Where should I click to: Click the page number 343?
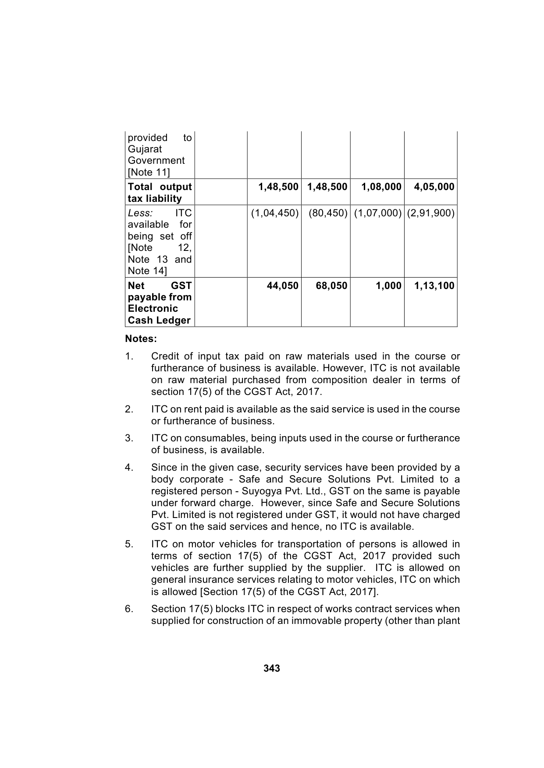click(272, 669)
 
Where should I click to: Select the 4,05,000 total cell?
click(434, 187)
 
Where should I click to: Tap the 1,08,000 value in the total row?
click(381, 187)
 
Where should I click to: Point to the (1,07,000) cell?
click(378, 213)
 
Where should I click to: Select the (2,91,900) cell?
click(431, 213)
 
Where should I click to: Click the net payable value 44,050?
click(283, 286)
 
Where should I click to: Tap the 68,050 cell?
click(331, 286)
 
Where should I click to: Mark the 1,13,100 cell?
click(434, 286)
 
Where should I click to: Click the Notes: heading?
click(141, 339)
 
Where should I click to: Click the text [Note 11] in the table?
click(149, 172)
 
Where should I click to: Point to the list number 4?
click(128, 468)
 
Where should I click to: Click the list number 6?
click(128, 609)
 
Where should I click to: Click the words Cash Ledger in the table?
click(159, 321)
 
